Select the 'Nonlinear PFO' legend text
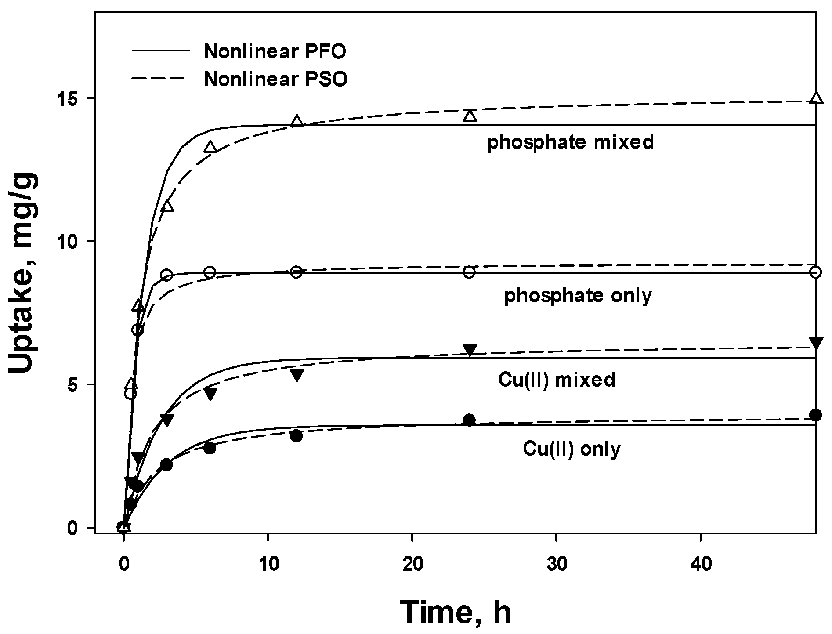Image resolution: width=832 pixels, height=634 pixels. [275, 52]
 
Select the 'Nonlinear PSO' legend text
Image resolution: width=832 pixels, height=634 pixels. [275, 80]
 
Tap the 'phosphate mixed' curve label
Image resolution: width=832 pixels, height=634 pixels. [570, 142]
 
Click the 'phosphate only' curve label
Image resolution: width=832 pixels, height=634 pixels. [578, 296]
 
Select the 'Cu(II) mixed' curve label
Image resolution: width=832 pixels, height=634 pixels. [557, 379]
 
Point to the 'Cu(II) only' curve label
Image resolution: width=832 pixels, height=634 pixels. [572, 449]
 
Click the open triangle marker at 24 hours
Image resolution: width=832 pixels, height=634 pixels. [470, 115]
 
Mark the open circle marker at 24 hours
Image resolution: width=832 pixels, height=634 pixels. [470, 272]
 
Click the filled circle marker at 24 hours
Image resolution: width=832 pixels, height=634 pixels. [470, 420]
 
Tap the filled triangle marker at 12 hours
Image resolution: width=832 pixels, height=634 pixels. [297, 375]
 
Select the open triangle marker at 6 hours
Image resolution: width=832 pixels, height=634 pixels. [210, 147]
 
